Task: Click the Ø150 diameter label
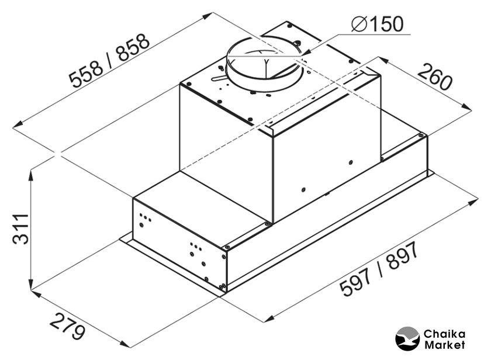point(378,24)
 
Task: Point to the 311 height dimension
point(20,229)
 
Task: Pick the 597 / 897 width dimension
point(379,269)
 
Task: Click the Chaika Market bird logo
point(407,339)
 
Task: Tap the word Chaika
point(444,334)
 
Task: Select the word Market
point(444,345)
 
